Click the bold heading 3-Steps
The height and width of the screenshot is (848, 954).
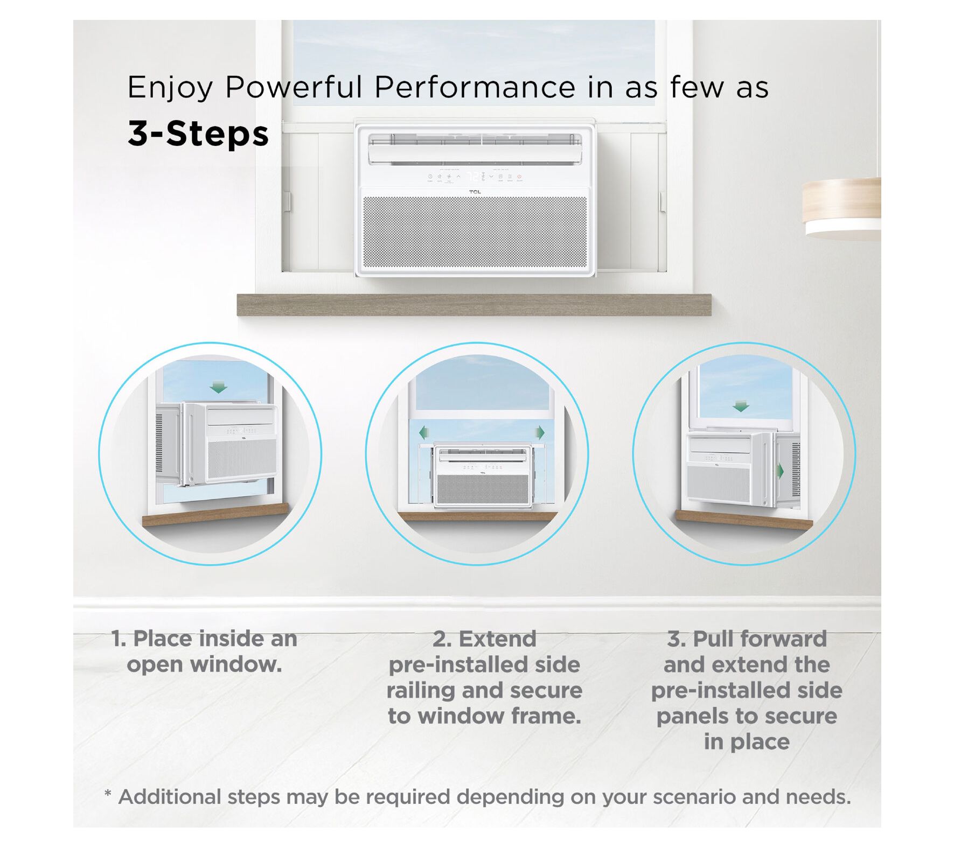(198, 134)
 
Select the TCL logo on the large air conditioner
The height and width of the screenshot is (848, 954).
(475, 192)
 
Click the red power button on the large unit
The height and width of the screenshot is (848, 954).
(519, 176)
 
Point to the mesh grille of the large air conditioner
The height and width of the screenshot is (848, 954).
(475, 232)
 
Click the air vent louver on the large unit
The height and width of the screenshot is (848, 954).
(475, 148)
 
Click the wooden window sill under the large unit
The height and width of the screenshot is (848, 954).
(474, 305)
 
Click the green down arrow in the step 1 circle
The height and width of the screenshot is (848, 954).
(218, 387)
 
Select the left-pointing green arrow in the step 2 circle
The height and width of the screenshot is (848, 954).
(423, 432)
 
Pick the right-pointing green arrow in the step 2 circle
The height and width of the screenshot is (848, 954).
(540, 432)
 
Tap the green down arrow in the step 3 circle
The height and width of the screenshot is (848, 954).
(741, 406)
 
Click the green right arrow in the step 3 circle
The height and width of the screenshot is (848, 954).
(779, 471)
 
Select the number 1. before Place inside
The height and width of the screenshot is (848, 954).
(119, 639)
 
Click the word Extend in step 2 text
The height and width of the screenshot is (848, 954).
(497, 639)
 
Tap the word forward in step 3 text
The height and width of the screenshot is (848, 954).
(786, 639)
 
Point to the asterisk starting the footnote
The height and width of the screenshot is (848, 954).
(108, 794)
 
